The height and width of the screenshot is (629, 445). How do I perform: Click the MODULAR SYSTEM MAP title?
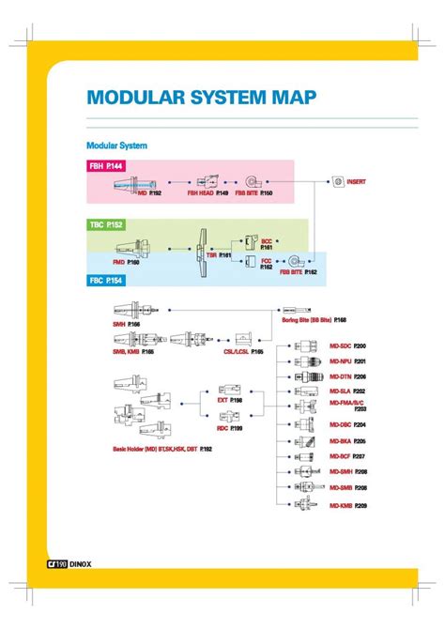(201, 97)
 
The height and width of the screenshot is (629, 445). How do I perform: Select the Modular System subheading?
(116, 146)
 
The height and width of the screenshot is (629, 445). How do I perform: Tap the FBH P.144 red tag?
(105, 166)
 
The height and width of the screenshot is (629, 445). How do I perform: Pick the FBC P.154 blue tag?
(105, 281)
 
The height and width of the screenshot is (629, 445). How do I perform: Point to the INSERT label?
(357, 181)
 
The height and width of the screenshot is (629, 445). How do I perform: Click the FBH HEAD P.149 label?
(208, 192)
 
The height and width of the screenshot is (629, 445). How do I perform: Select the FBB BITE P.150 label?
(253, 192)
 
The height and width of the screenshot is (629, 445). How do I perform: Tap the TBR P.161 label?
(219, 254)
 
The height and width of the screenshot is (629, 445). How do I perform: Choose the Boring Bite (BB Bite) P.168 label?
(315, 319)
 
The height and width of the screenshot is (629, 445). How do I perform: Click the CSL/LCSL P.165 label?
(243, 351)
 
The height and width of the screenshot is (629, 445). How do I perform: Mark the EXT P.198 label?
(230, 400)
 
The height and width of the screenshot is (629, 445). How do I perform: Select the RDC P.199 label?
(230, 428)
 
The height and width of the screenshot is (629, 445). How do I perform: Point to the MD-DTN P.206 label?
(347, 376)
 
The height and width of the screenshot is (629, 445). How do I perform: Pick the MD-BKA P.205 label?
(347, 440)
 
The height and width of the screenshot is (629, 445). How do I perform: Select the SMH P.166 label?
(125, 324)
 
